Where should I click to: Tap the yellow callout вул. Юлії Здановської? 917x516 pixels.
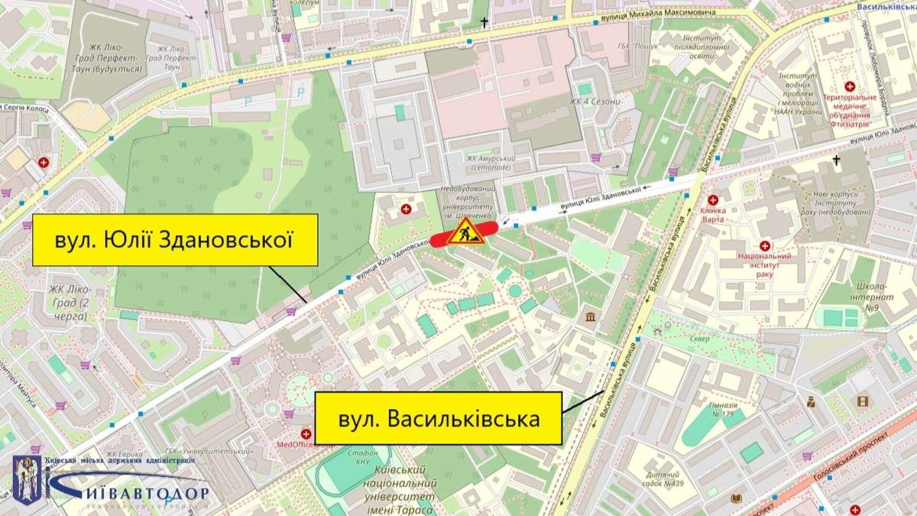(175, 240)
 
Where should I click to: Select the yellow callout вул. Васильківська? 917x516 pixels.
(439, 419)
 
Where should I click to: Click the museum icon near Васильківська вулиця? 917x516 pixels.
(591, 316)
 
